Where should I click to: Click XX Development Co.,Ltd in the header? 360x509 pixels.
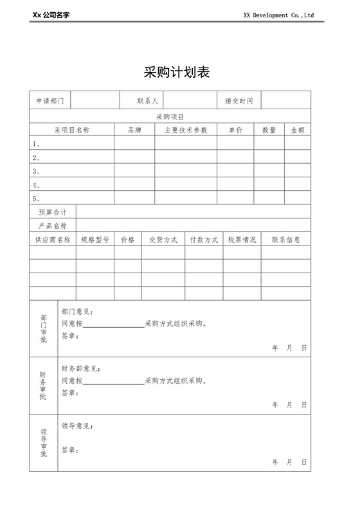click(278, 15)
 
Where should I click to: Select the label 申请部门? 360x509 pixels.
click(50, 101)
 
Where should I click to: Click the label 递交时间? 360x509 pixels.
click(239, 101)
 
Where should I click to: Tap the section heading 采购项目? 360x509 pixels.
click(170, 117)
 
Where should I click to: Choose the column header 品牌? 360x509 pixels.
click(134, 130)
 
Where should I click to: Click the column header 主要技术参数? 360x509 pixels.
click(186, 130)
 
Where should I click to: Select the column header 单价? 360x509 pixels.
click(235, 130)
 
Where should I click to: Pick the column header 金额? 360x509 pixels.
click(298, 130)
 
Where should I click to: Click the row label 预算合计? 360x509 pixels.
click(53, 212)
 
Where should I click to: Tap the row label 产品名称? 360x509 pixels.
click(53, 226)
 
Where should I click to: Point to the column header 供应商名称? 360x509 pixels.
click(53, 240)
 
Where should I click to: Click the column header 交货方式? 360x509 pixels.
click(163, 240)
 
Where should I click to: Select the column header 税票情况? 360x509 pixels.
click(242, 240)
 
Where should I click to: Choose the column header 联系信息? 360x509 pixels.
click(286, 240)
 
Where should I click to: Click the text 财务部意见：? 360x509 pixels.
click(81, 369)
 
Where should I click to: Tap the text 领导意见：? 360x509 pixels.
click(77, 426)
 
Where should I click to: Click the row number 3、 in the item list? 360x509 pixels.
click(37, 172)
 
